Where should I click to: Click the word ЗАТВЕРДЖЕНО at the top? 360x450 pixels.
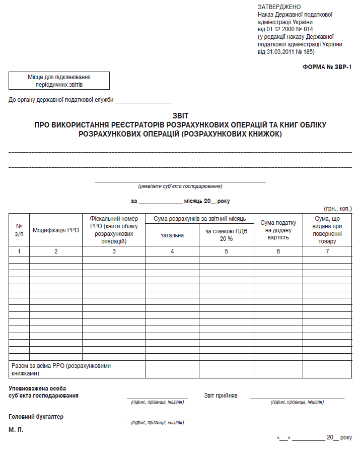279,7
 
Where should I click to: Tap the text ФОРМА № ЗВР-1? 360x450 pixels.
327,67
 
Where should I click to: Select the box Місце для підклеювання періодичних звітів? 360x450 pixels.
59,81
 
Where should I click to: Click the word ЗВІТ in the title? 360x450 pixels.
180,116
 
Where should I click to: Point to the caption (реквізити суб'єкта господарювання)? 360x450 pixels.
180,186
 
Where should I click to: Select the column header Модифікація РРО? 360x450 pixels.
56,230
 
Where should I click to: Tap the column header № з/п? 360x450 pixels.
19,230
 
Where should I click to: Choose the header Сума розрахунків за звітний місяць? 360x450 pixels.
199,218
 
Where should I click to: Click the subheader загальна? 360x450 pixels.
172,235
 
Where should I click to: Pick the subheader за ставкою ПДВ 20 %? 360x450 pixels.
227,235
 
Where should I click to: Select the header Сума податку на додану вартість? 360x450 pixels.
278,230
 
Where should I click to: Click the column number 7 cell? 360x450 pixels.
327,251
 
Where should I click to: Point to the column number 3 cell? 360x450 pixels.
114,251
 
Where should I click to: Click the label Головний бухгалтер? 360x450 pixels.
36,417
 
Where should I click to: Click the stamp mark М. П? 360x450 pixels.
16,430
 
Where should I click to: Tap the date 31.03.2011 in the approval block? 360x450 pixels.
276,51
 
